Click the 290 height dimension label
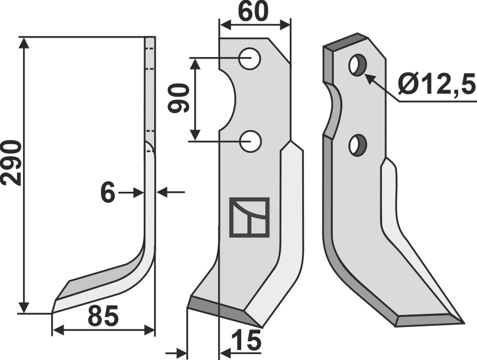[11, 163]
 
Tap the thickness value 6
[108, 193]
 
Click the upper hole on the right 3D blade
[357, 66]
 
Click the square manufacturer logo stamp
[249, 217]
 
